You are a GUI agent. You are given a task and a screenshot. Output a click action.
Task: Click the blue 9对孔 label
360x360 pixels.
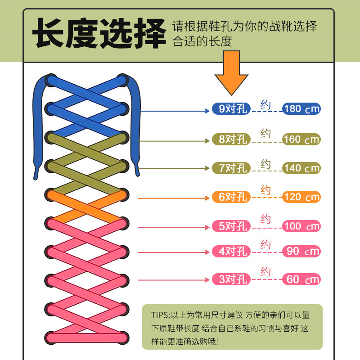coord(230,109)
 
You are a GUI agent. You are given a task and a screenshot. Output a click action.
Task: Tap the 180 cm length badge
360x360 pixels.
coord(301,109)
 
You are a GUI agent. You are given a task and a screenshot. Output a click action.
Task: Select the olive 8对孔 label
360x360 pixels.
coord(230,139)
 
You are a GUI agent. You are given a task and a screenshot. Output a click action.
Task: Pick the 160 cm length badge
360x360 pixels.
coord(301,139)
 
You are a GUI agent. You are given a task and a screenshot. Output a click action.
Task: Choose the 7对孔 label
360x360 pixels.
coord(230,168)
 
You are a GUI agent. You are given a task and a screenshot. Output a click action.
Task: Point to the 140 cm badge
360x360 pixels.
coord(301,168)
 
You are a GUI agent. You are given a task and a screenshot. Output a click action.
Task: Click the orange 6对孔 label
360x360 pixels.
coord(230,197)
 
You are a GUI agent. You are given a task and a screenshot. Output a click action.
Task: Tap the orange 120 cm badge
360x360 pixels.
coord(301,197)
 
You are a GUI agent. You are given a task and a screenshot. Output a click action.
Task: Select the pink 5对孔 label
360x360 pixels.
coord(230,226)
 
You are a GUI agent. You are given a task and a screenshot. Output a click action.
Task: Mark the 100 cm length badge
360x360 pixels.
coord(301,226)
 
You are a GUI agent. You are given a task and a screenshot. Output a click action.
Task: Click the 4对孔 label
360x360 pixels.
coord(230,252)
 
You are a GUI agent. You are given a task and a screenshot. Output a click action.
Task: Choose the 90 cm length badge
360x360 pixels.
coord(301,252)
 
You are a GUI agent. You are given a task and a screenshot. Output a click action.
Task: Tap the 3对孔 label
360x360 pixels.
coord(230,279)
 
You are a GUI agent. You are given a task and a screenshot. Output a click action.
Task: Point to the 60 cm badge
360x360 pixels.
coord(301,279)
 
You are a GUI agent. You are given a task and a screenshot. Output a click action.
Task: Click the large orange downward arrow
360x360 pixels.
coord(232,72)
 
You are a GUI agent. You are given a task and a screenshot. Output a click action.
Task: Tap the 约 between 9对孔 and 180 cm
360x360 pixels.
coord(265,105)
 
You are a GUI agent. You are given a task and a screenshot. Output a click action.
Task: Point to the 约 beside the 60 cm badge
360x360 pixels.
coord(265,272)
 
